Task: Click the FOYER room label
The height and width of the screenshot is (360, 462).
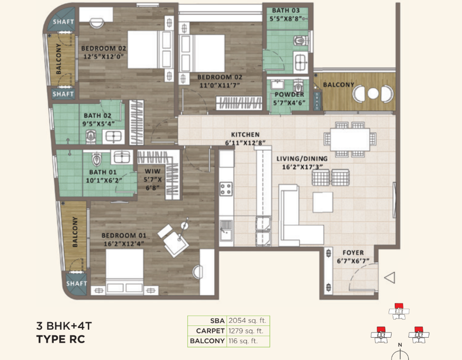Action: pyautogui.click(x=353, y=253)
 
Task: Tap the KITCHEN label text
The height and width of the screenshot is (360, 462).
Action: pyautogui.click(x=245, y=134)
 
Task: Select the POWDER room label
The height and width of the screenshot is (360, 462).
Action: pyautogui.click(x=289, y=95)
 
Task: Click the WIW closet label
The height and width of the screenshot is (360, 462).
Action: pyautogui.click(x=153, y=171)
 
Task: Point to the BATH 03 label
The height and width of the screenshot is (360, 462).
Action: pyautogui.click(x=285, y=11)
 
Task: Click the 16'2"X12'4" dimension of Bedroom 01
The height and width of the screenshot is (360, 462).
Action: pyautogui.click(x=124, y=244)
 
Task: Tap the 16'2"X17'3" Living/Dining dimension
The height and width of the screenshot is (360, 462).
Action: pyautogui.click(x=302, y=167)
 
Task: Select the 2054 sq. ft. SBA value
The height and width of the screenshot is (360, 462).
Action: pyautogui.click(x=247, y=320)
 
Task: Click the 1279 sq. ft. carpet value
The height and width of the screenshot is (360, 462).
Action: pyautogui.click(x=246, y=331)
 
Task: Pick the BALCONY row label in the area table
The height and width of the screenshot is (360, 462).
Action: pyautogui.click(x=207, y=341)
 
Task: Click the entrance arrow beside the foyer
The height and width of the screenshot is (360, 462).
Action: pyautogui.click(x=390, y=277)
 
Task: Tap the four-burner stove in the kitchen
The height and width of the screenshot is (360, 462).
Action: pyautogui.click(x=226, y=189)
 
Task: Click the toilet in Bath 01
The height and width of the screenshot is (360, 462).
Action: pyautogui.click(x=97, y=159)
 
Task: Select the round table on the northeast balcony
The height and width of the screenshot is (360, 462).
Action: pyautogui.click(x=373, y=93)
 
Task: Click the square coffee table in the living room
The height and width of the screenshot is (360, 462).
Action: pyautogui.click(x=323, y=202)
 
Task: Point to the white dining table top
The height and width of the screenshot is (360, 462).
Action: pyautogui.click(x=350, y=139)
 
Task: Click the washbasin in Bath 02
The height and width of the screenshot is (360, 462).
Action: pyautogui.click(x=114, y=136)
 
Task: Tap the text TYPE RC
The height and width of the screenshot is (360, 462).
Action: pyautogui.click(x=61, y=339)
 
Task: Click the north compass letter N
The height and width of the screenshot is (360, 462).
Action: pyautogui.click(x=400, y=345)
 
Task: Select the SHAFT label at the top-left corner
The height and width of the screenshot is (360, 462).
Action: pyautogui.click(x=63, y=22)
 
